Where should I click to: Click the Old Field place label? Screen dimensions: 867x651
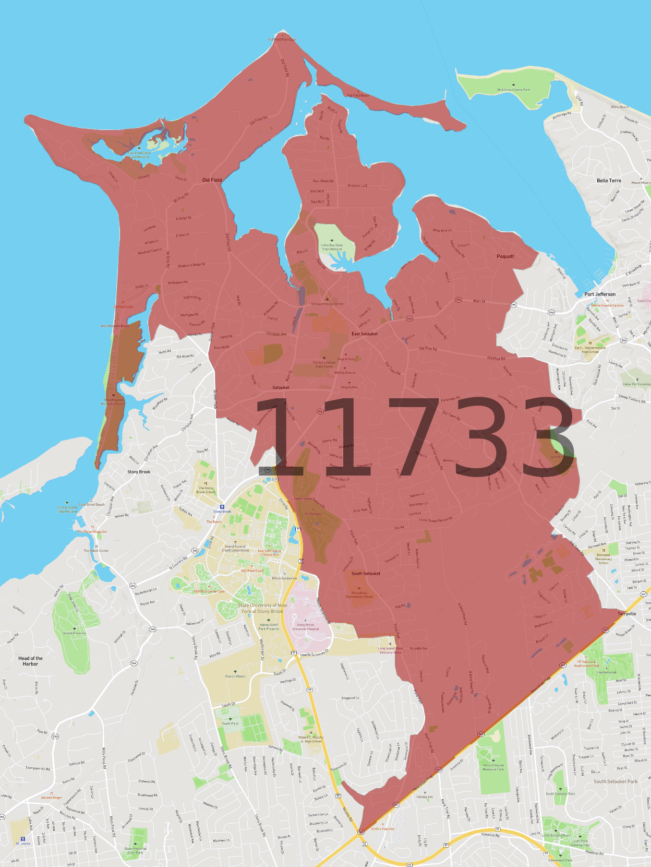(212, 180)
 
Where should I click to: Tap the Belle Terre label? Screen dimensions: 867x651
(609, 181)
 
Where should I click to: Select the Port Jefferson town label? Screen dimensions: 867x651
(600, 294)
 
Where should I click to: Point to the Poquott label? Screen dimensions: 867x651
(505, 256)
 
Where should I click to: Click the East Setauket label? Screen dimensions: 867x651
(364, 334)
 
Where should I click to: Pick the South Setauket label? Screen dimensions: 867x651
(366, 574)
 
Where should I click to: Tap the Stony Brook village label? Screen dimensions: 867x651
(139, 472)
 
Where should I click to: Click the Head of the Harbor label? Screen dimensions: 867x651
(30, 661)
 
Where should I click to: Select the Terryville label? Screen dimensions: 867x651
(626, 614)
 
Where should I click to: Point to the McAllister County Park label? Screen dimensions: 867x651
(513, 90)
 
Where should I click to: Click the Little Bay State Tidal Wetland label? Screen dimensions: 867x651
(332, 247)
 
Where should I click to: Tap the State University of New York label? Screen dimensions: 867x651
(262, 609)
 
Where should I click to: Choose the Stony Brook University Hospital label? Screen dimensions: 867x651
(306, 627)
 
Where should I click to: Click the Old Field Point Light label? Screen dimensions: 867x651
(282, 40)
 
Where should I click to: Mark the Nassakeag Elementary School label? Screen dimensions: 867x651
(359, 595)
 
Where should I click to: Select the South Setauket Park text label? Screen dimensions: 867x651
(616, 781)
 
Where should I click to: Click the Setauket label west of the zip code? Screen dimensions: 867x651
(281, 388)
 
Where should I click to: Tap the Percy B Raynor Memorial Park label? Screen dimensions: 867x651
(493, 767)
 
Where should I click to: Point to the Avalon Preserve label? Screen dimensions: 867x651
(75, 633)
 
